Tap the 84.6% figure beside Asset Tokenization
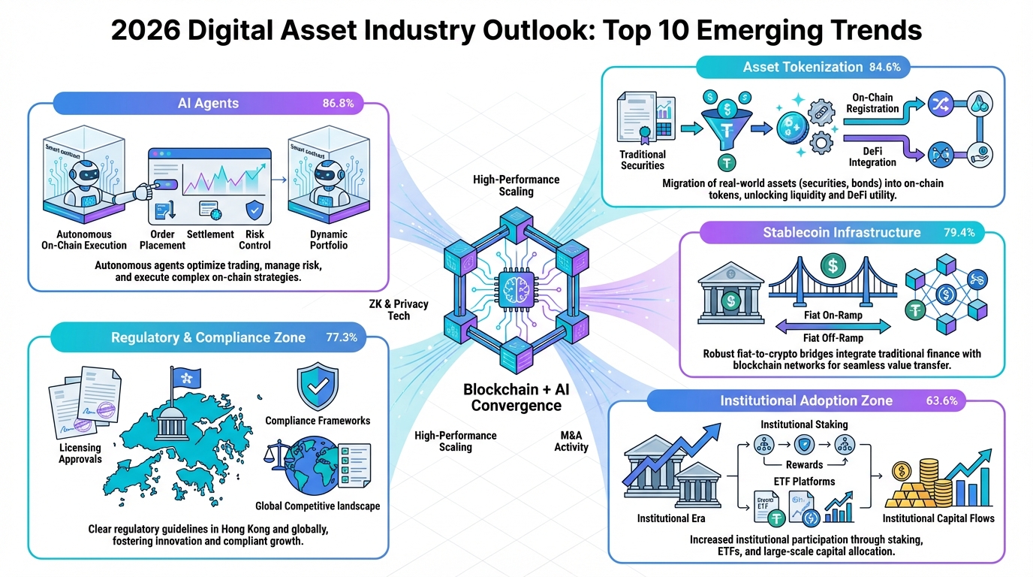[890, 67]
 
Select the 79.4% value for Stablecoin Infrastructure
[959, 232]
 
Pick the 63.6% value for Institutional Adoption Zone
[942, 400]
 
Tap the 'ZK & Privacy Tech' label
[399, 310]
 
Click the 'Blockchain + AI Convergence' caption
[512, 397]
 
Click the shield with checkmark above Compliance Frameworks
[317, 385]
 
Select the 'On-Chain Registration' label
[872, 103]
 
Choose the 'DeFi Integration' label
[872, 156]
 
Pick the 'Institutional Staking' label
[804, 424]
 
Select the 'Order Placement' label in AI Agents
[163, 240]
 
